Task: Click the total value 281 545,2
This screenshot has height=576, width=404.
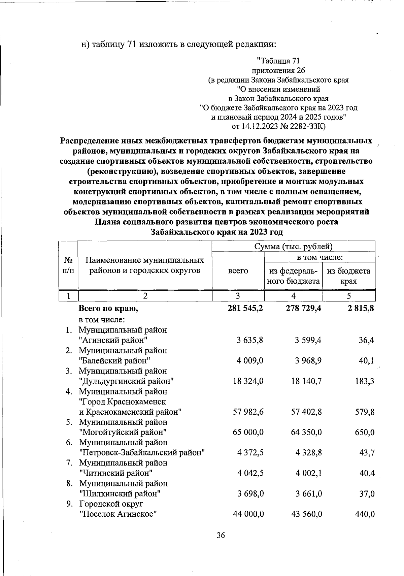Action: coord(245,308)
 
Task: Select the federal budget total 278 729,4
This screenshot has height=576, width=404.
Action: coord(303,308)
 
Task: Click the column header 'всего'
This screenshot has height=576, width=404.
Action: coord(238,270)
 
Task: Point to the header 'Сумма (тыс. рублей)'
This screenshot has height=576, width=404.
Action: coord(293,246)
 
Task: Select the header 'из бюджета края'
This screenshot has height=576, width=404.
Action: coord(348,276)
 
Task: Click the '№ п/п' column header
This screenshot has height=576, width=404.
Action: coord(68,265)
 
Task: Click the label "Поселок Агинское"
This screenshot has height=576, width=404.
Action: coord(118,514)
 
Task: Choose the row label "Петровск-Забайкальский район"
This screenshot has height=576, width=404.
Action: coord(142,453)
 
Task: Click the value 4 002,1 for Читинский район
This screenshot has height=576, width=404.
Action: coord(308,473)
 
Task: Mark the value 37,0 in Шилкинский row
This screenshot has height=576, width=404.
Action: coord(367,494)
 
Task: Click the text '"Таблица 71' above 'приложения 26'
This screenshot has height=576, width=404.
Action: coord(278,61)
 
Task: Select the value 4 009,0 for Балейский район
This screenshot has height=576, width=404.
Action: coord(250,361)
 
